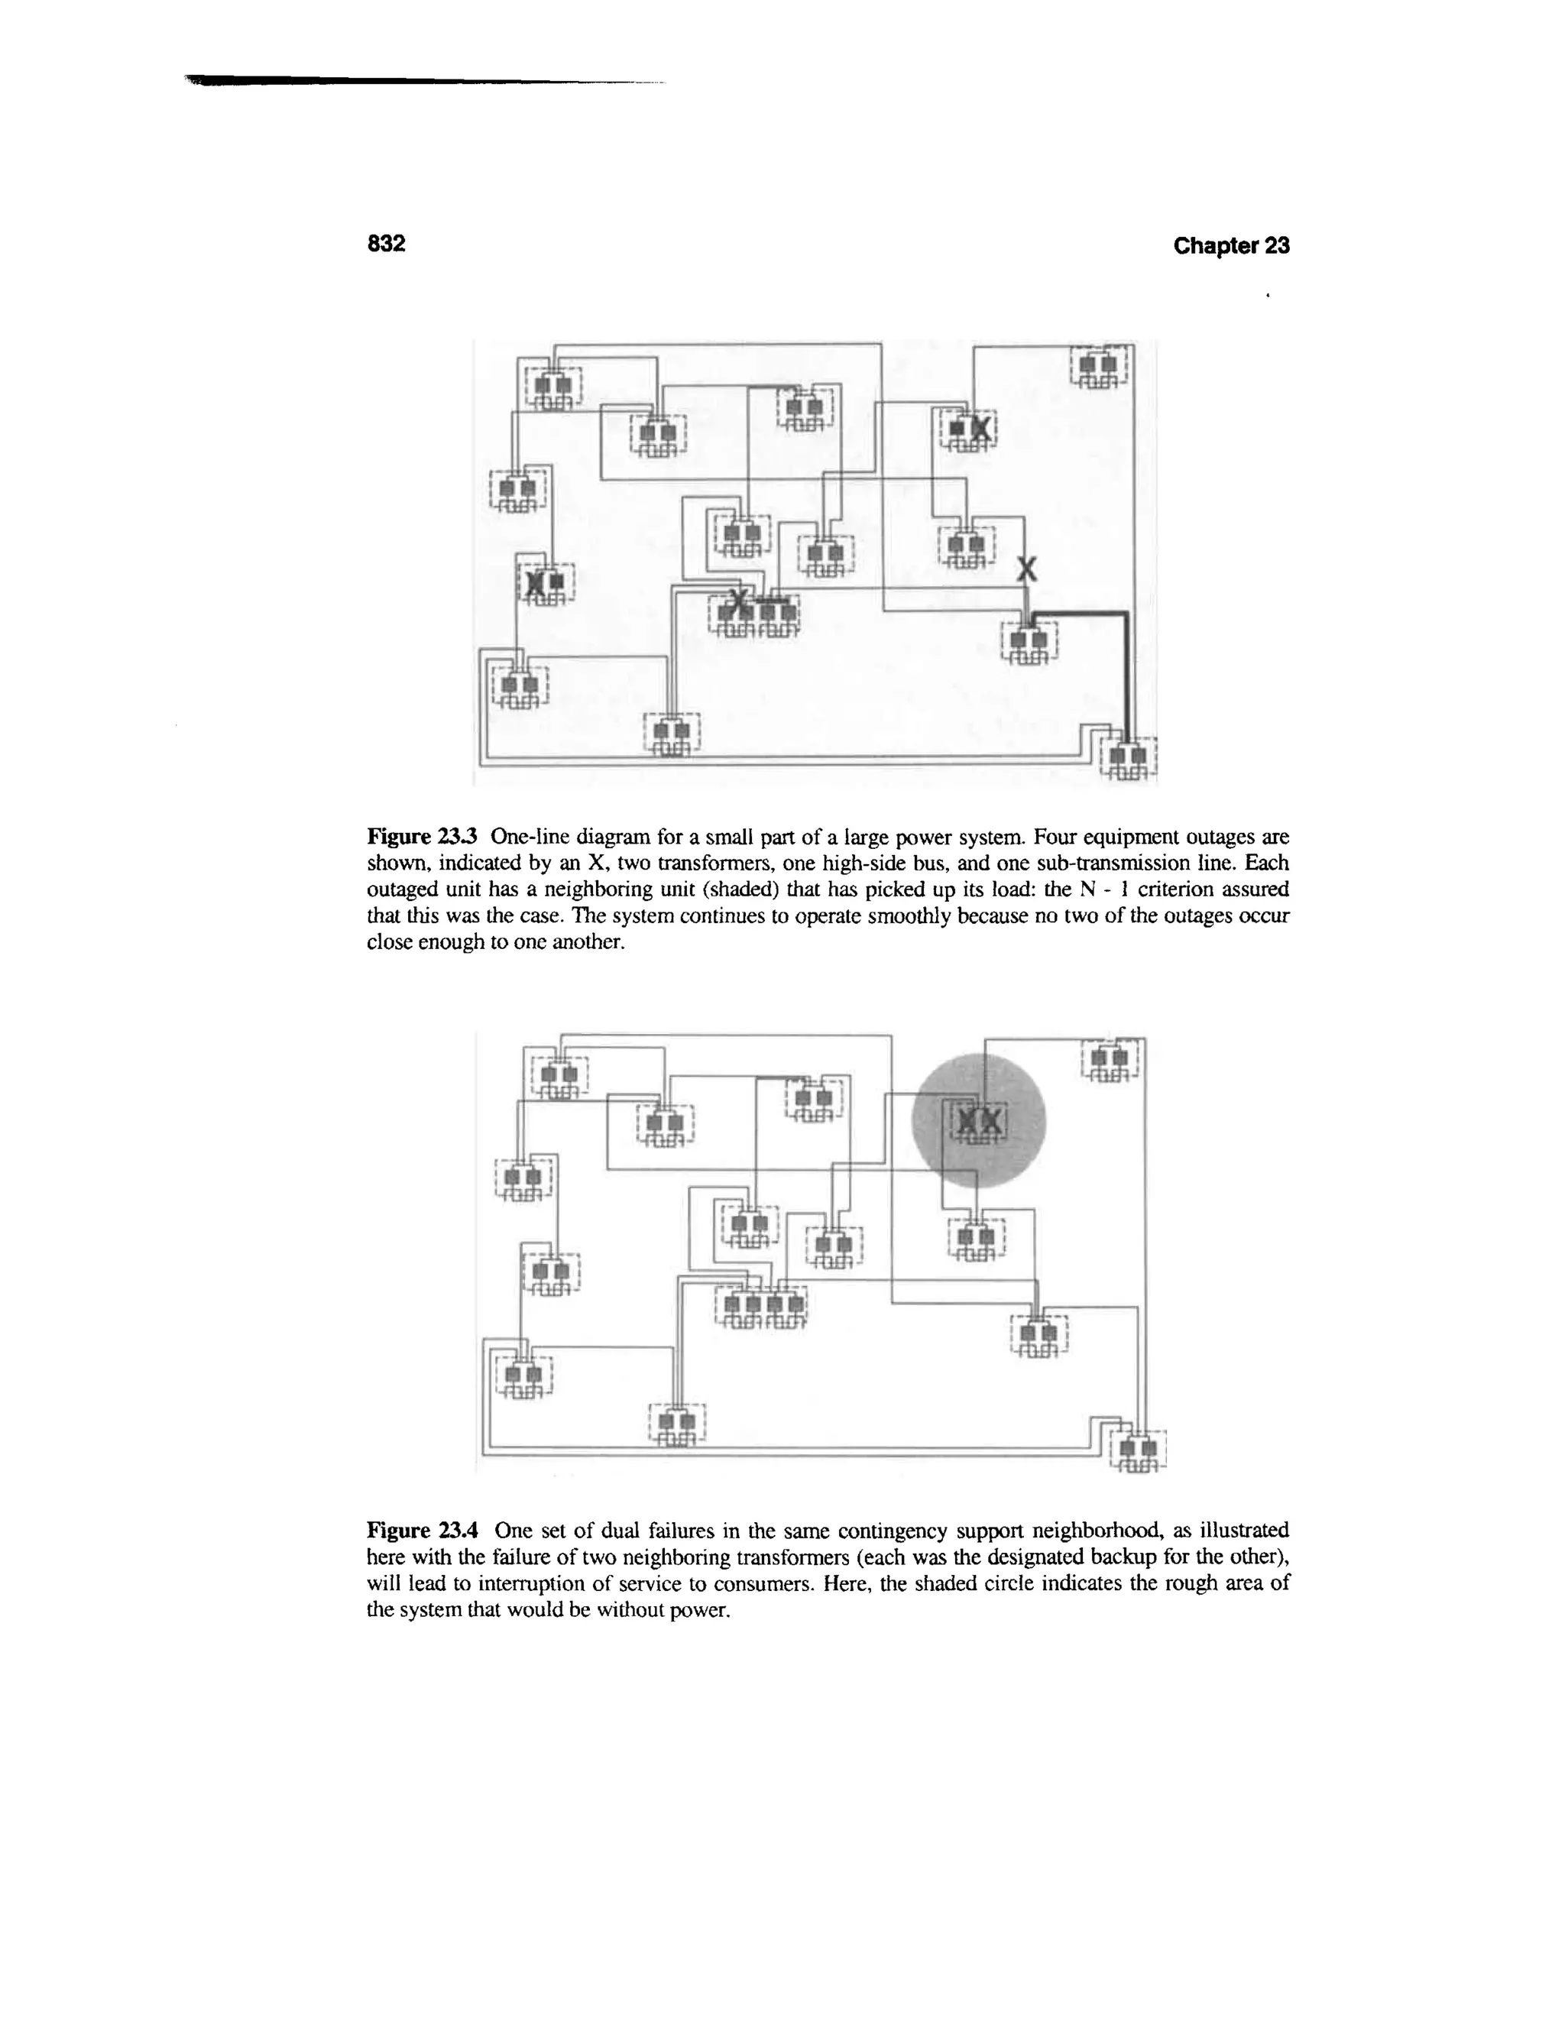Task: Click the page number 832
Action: coord(387,244)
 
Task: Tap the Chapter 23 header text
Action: coord(1230,246)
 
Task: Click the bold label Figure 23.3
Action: coord(423,838)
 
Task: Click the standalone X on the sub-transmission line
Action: coord(1026,569)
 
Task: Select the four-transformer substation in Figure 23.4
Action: coord(761,1308)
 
